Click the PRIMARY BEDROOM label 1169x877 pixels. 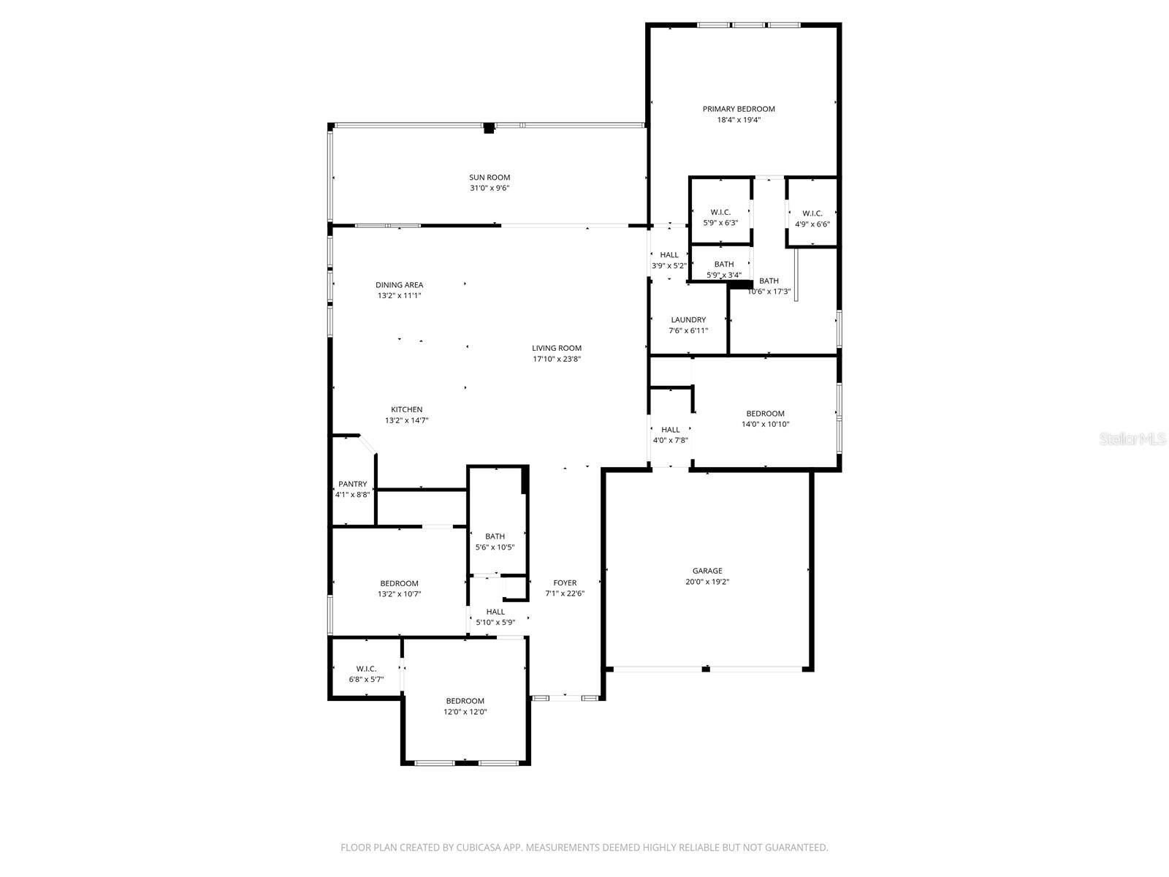pyautogui.click(x=739, y=109)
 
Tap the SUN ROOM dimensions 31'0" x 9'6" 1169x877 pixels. pyautogui.click(x=490, y=188)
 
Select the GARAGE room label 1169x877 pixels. pyautogui.click(x=707, y=571)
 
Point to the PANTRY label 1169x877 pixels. pyautogui.click(x=352, y=484)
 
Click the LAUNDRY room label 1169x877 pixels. pyautogui.click(x=688, y=319)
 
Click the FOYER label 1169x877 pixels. pyautogui.click(x=565, y=582)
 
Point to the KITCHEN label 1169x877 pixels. pyautogui.click(x=406, y=409)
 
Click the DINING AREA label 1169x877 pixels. pyautogui.click(x=399, y=285)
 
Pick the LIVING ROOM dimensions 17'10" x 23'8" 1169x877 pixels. pyautogui.click(x=557, y=359)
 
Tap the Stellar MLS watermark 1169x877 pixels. pyautogui.click(x=1132, y=438)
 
